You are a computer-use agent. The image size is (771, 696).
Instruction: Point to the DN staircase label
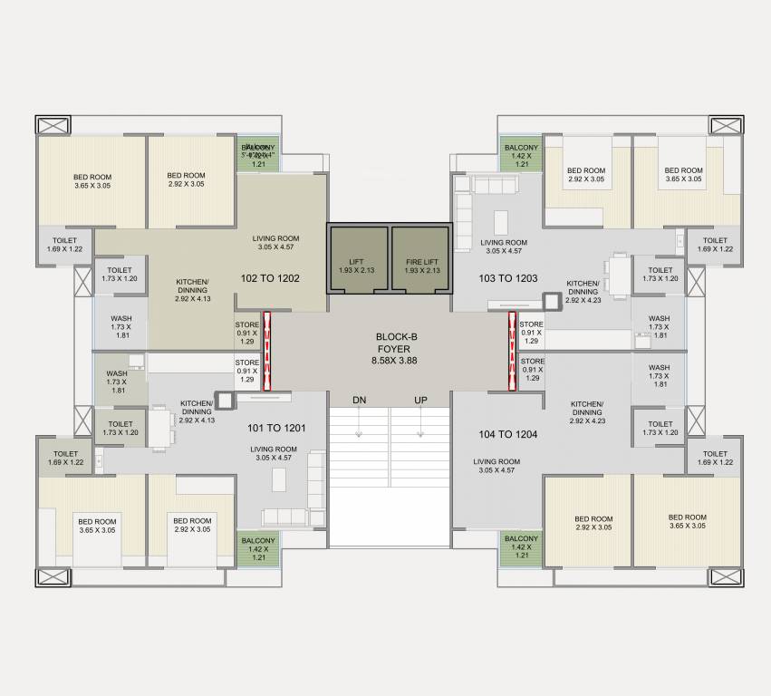tap(360, 400)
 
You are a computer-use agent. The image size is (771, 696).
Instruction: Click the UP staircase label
tap(420, 400)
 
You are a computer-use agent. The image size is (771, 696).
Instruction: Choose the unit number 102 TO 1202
tap(270, 278)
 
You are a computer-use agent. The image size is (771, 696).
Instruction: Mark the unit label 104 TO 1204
tap(508, 435)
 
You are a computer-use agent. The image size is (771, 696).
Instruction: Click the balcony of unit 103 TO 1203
tap(521, 155)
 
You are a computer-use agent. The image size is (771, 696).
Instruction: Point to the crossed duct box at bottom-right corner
tap(725, 576)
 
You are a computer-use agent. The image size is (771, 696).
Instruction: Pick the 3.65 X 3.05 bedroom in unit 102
tap(91, 180)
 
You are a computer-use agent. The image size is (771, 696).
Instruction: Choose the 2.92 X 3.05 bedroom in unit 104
tap(593, 522)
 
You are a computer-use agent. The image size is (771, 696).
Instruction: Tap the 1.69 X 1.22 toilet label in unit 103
tap(715, 245)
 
